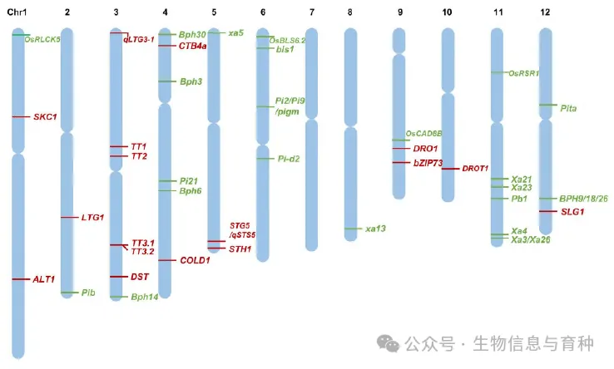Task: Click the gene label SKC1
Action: (45, 117)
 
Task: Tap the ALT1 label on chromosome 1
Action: (44, 279)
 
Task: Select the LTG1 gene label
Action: (92, 217)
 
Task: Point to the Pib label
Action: (89, 293)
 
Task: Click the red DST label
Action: (140, 276)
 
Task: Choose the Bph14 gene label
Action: (145, 297)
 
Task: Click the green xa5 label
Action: (236, 32)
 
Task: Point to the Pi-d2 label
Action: (290, 158)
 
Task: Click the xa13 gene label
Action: (375, 228)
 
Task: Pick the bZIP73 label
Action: (428, 163)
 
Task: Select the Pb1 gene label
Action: (520, 199)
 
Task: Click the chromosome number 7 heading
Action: (311, 12)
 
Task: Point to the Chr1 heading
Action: (17, 12)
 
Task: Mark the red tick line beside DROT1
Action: (449, 169)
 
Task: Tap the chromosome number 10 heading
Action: (448, 12)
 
